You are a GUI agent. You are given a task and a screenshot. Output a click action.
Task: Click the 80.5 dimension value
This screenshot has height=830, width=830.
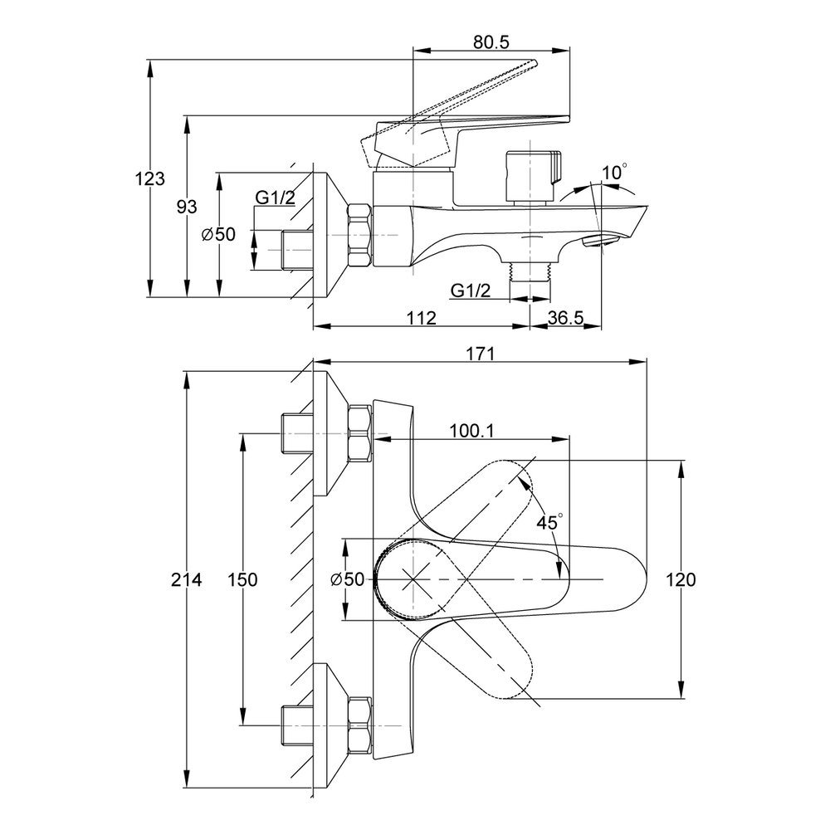491,43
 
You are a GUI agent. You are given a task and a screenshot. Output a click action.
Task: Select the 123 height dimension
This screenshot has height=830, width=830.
154,178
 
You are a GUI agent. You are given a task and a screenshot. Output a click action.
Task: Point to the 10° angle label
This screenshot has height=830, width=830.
615,173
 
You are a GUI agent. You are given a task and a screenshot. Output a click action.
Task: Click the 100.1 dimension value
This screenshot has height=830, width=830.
471,430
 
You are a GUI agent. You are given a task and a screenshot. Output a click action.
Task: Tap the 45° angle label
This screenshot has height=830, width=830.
549,523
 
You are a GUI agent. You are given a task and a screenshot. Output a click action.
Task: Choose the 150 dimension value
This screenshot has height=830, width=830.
243,580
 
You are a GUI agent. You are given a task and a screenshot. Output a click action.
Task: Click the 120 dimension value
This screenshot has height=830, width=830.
681,580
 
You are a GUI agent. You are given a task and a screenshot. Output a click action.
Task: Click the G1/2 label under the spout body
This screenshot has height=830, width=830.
471,290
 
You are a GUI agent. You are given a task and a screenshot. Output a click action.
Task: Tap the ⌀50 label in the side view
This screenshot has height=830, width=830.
218,235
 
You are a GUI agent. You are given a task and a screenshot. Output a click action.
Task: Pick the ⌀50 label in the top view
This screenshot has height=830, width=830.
347,580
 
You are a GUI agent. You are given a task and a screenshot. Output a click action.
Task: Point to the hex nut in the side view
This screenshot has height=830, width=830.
359,235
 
